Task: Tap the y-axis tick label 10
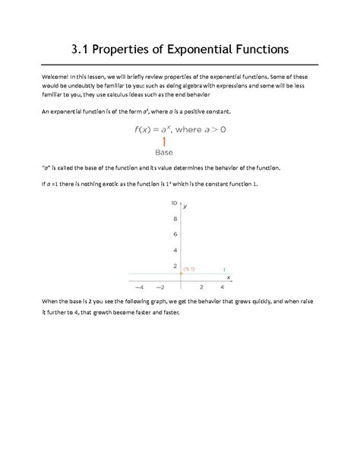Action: [x=175, y=204]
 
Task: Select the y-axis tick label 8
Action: [x=175, y=219]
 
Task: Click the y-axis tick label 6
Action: [x=175, y=235]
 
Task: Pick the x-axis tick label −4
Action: [x=139, y=288]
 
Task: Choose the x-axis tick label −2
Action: [x=159, y=288]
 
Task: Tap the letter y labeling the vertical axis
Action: [x=185, y=207]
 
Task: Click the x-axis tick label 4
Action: [x=222, y=288]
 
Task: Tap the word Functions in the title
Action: [x=261, y=50]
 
